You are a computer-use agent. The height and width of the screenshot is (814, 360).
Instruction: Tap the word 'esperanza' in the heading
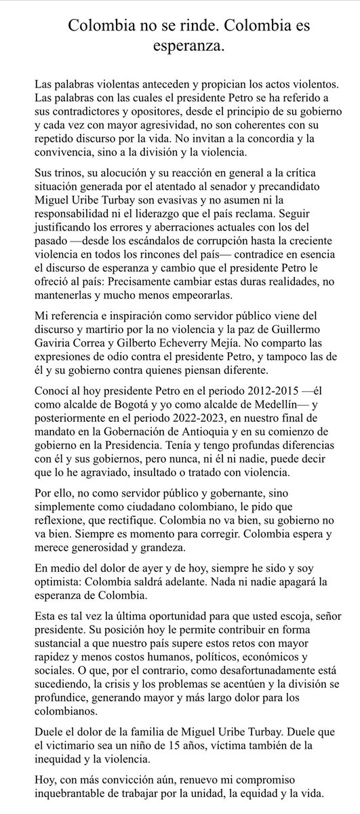(x=180, y=48)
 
